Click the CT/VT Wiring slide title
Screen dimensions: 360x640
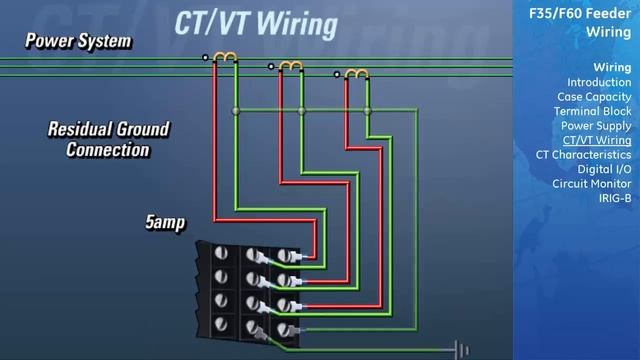click(x=256, y=23)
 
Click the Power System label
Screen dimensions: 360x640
click(x=78, y=41)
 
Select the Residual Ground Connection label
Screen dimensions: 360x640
click(x=108, y=140)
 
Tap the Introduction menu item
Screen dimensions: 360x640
click(x=599, y=82)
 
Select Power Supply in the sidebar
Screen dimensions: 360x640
click(x=596, y=126)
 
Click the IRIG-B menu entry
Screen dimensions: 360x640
click(x=615, y=198)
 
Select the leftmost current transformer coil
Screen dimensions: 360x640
click(x=226, y=59)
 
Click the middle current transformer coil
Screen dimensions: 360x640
click(x=291, y=66)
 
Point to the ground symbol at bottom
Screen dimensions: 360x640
click(x=461, y=349)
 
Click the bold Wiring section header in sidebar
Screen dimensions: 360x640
click(x=612, y=67)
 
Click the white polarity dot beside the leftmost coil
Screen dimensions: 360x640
click(x=206, y=58)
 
